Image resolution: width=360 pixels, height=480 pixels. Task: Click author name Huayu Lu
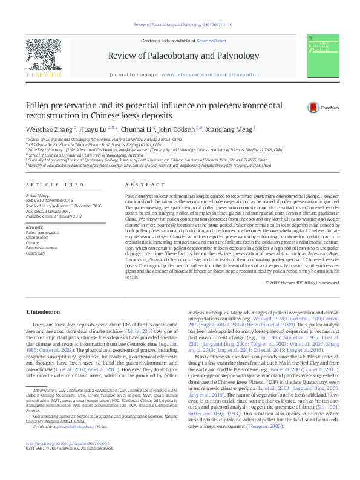pos(96,129)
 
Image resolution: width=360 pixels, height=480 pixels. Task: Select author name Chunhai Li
pos(137,129)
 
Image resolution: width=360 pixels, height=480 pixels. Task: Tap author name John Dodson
pos(178,129)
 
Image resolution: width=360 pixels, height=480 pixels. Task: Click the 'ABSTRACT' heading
pos(140,184)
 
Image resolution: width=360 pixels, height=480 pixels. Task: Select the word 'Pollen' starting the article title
pos(39,104)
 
